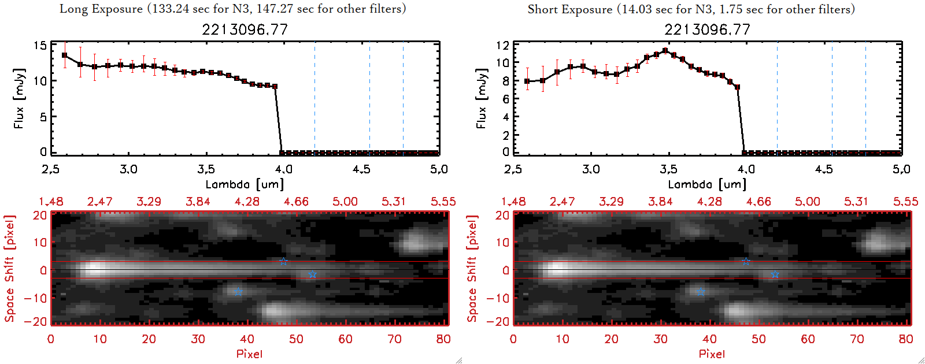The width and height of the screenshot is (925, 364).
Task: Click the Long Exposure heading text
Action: point(232,9)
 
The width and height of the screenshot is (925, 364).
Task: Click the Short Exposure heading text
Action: point(691,9)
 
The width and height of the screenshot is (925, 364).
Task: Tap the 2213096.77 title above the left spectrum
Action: point(245,29)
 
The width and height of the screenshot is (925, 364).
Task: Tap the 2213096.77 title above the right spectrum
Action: point(707,29)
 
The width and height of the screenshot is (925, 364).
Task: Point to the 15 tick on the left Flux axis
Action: point(40,46)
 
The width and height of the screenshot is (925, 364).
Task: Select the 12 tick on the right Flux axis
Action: point(502,45)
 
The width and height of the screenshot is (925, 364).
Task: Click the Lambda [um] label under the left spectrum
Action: point(245,184)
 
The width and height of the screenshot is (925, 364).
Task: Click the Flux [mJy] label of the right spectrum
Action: point(481,98)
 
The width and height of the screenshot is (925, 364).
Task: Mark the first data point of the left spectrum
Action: point(64,55)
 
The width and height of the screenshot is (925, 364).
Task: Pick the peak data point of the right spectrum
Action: point(665,51)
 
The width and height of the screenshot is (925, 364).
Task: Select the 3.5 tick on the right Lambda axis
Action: point(668,169)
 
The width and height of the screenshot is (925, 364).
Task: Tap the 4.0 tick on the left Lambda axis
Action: point(283,169)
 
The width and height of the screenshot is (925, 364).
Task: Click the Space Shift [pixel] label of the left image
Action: point(9,269)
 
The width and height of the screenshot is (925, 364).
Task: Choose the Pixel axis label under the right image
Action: point(712,354)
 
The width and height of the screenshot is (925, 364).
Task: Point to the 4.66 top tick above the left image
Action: point(296,202)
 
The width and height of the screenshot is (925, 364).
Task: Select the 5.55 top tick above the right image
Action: point(905,202)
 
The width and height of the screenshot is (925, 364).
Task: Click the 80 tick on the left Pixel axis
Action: point(443,339)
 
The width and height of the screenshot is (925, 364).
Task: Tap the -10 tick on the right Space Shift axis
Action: point(498,298)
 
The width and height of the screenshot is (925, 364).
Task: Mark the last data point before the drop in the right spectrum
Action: point(737,87)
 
